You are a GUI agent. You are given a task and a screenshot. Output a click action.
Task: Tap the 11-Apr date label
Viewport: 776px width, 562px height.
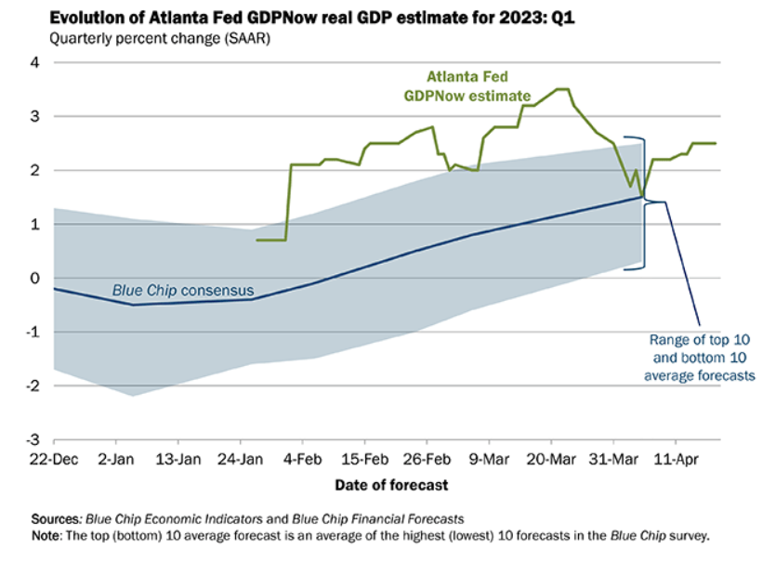coord(674,459)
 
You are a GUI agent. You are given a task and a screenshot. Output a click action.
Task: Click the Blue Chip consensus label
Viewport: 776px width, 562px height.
coord(180,289)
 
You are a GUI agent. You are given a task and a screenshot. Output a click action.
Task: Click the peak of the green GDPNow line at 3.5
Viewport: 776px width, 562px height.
coord(561,90)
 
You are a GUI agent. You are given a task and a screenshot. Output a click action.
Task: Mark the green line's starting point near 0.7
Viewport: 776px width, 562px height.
coord(256,240)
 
